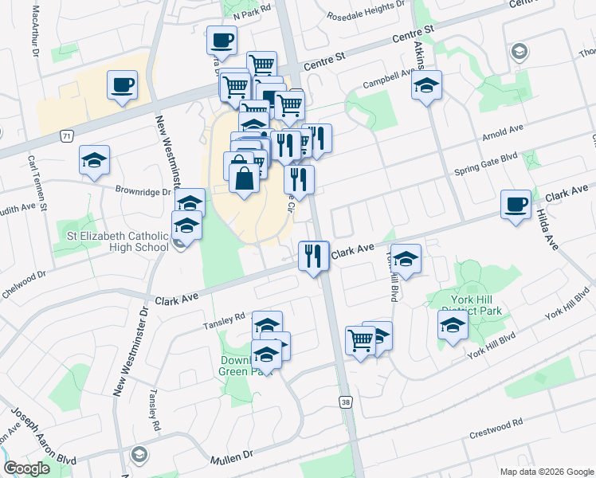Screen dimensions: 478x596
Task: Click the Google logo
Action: (x=26, y=468)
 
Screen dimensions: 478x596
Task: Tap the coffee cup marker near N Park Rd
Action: (x=222, y=40)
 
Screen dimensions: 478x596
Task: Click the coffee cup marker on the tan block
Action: (x=122, y=84)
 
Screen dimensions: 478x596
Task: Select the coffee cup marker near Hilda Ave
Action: (x=516, y=205)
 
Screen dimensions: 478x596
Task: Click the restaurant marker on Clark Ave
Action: (x=313, y=256)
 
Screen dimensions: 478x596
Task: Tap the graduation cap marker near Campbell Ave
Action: (x=426, y=84)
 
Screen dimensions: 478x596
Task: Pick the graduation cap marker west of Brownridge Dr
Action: (x=94, y=160)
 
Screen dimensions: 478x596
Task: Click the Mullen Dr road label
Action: (x=232, y=458)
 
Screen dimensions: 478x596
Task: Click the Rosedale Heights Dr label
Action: (x=362, y=8)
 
